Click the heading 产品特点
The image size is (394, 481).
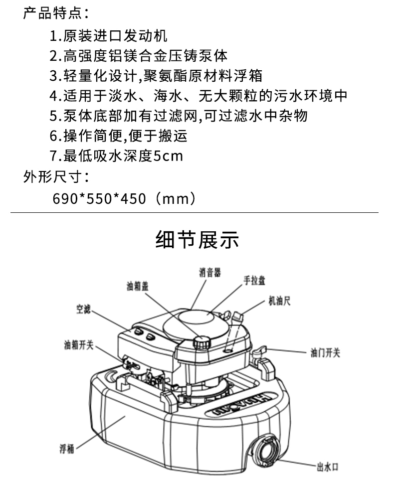pos(52,13)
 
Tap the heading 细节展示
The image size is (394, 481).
pos(197,240)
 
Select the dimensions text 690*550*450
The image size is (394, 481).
pos(99,198)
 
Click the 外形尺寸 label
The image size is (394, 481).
pos(52,177)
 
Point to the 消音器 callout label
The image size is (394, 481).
pos(210,272)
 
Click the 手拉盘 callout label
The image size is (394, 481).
pos(254,281)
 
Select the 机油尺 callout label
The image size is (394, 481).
pos(280,301)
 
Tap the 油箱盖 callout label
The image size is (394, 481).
pos(138,286)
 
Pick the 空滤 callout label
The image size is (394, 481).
pos(83,309)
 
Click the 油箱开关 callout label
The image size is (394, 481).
pos(79,345)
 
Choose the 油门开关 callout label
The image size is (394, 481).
pos(325,353)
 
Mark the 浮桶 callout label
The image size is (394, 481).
pos(67,449)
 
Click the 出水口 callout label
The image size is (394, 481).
pos(328,467)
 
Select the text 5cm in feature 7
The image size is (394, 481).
pos(168,156)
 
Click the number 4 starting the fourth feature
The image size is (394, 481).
pos(53,96)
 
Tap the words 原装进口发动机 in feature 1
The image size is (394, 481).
pos(115,36)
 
